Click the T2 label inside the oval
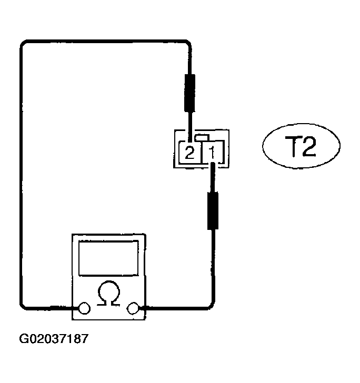click(301, 146)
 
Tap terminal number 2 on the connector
click(189, 153)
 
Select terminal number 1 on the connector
click(212, 153)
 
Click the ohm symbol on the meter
click(109, 293)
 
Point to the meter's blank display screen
click(108, 258)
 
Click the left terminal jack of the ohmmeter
click(84, 308)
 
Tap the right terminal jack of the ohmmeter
click(133, 308)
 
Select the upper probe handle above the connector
click(189, 93)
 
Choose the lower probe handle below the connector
click(213, 211)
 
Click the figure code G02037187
click(54, 339)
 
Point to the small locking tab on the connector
click(202, 137)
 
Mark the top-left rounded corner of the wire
click(24, 44)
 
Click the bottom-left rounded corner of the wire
click(24, 306)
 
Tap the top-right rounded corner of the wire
click(188, 43)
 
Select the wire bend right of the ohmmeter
click(212, 306)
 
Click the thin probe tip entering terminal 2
click(190, 127)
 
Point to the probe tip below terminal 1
click(213, 177)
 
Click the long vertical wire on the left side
click(21, 175)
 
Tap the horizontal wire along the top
click(106, 41)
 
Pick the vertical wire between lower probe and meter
click(213, 265)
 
